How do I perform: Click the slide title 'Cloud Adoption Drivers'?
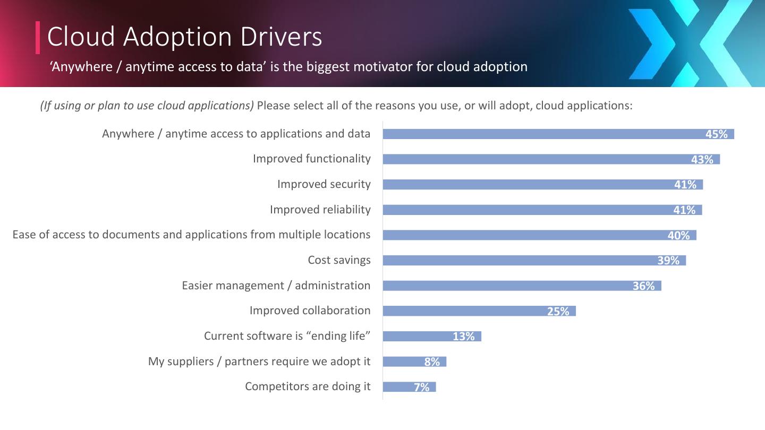tap(184, 37)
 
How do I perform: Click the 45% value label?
tap(716, 134)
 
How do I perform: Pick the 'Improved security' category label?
tap(324, 184)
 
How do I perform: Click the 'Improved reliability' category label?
tap(320, 210)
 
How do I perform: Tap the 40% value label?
tap(678, 235)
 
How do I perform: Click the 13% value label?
tap(463, 337)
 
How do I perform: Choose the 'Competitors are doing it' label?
tap(308, 386)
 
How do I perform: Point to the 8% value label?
tap(432, 362)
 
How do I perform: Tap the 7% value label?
tap(421, 388)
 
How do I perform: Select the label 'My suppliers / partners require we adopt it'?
tap(259, 362)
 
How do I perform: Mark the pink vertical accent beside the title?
tap(38, 37)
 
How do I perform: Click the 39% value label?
tap(668, 261)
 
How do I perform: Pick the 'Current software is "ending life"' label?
tap(287, 336)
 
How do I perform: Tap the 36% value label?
tap(643, 286)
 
